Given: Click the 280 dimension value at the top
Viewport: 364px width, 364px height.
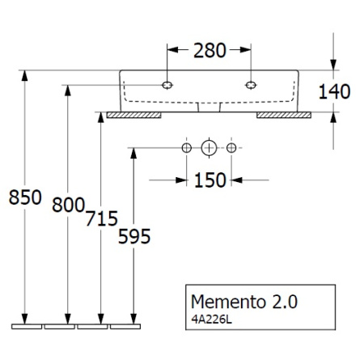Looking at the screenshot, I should pos(209,51).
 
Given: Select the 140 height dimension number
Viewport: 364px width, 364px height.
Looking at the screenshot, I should pos(332,91).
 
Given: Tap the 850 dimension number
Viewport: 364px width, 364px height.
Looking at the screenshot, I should pos(24,197).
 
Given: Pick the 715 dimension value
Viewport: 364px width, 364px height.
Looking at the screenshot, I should pos(102,218).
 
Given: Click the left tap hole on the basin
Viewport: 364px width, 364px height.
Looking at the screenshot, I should pos(167,83).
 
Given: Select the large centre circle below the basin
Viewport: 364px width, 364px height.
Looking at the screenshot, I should pos(209,148).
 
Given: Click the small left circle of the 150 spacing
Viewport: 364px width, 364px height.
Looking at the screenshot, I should pos(187,148).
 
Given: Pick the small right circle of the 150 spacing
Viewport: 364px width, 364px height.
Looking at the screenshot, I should pos(231,148).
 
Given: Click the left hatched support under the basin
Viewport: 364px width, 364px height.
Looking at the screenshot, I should pos(135,116).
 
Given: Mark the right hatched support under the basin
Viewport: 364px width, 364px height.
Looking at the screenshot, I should pos(282,116).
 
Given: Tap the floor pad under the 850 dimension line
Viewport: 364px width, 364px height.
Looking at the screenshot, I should pos(27,328).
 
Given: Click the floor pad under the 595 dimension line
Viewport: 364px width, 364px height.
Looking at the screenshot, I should pos(125,328).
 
